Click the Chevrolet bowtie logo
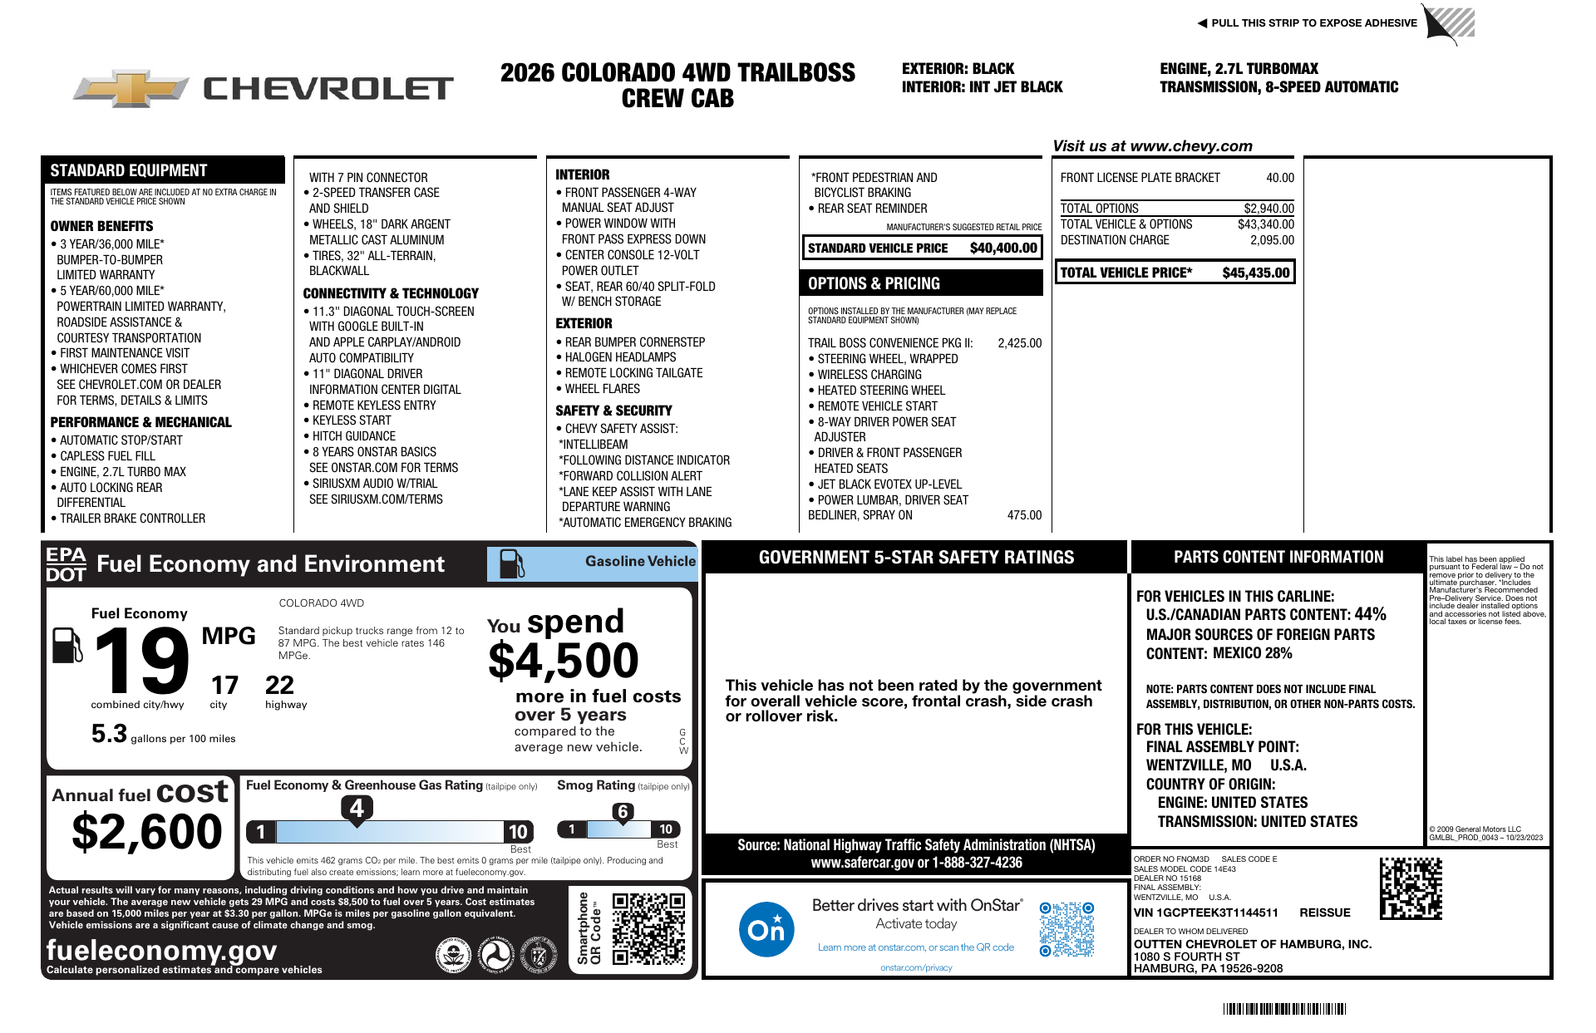[x=131, y=88]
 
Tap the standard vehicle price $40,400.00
[x=1003, y=248]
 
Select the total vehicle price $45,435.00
[x=1255, y=273]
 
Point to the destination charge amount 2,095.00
[x=1272, y=240]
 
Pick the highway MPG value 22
[x=279, y=685]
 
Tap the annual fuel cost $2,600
[x=147, y=831]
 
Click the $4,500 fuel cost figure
[x=564, y=662]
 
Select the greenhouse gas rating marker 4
[x=357, y=808]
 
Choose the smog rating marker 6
[x=623, y=812]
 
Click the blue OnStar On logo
[x=766, y=929]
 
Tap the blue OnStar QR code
[x=1066, y=929]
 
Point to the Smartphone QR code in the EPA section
[x=648, y=928]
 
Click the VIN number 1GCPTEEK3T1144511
[x=1205, y=912]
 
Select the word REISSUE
[x=1324, y=912]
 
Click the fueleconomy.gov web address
[x=161, y=950]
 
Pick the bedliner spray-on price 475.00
[x=1024, y=515]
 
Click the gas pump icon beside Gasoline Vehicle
[x=511, y=564]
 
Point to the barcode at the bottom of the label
[x=1284, y=1009]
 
